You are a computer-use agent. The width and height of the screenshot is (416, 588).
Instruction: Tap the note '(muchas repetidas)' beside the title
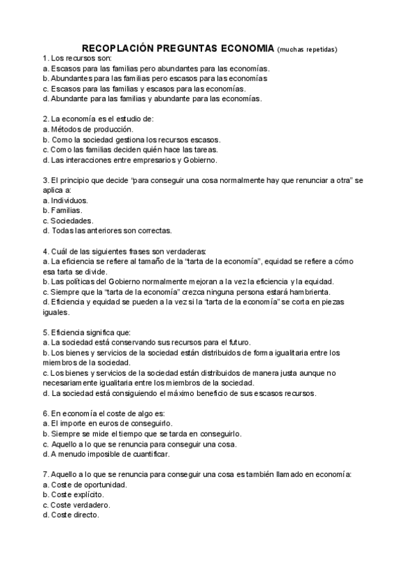coord(306,50)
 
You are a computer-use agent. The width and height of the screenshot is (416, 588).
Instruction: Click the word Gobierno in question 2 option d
coord(201,159)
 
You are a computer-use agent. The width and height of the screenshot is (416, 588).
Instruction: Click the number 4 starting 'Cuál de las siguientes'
coord(45,250)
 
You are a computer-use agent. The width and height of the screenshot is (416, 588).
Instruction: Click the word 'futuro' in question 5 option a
coord(237,343)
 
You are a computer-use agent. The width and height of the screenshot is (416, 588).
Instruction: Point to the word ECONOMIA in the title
coord(247,49)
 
